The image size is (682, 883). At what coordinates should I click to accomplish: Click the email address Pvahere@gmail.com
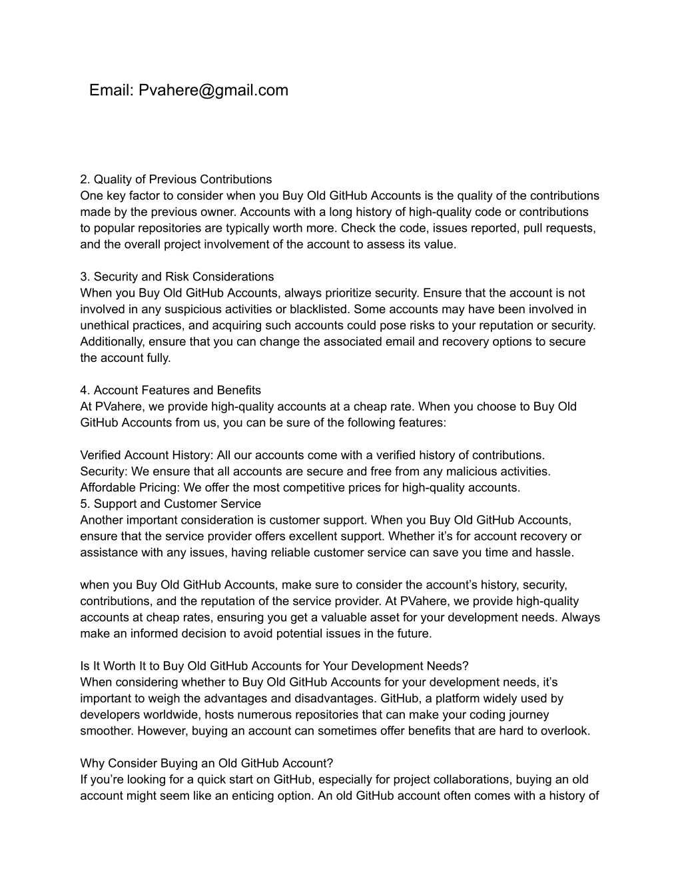tap(213, 90)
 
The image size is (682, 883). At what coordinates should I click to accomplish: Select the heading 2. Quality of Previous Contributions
tap(176, 179)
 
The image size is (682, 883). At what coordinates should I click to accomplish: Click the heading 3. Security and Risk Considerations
tap(176, 277)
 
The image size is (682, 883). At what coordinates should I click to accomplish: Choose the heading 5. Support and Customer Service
tap(170, 504)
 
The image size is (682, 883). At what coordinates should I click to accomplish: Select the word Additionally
tap(111, 342)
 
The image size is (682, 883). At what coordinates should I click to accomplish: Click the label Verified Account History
tap(145, 455)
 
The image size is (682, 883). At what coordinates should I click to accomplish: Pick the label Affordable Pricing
tap(129, 488)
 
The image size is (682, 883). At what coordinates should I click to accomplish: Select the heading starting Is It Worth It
tap(274, 666)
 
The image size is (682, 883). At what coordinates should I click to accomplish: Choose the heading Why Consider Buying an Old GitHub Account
tap(206, 764)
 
